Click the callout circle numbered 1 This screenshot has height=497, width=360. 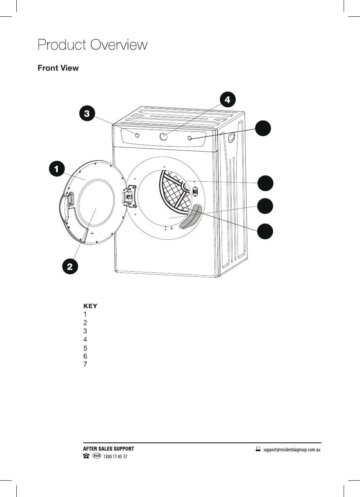pyautogui.click(x=56, y=169)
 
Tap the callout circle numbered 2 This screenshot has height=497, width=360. pyautogui.click(x=69, y=267)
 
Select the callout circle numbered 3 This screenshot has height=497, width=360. pyautogui.click(x=87, y=113)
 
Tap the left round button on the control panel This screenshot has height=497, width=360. pyautogui.click(x=137, y=135)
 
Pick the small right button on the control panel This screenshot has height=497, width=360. pyautogui.click(x=190, y=138)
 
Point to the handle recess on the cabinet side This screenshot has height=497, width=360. pyautogui.click(x=231, y=137)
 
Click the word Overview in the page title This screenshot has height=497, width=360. pyautogui.click(x=119, y=45)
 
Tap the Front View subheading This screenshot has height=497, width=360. pyautogui.click(x=58, y=68)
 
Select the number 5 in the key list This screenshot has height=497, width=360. pyautogui.click(x=85, y=348)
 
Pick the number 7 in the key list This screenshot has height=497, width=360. pyautogui.click(x=85, y=364)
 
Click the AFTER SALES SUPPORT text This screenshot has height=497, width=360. pyautogui.click(x=109, y=449)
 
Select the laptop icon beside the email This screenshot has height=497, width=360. pyautogui.click(x=258, y=449)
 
